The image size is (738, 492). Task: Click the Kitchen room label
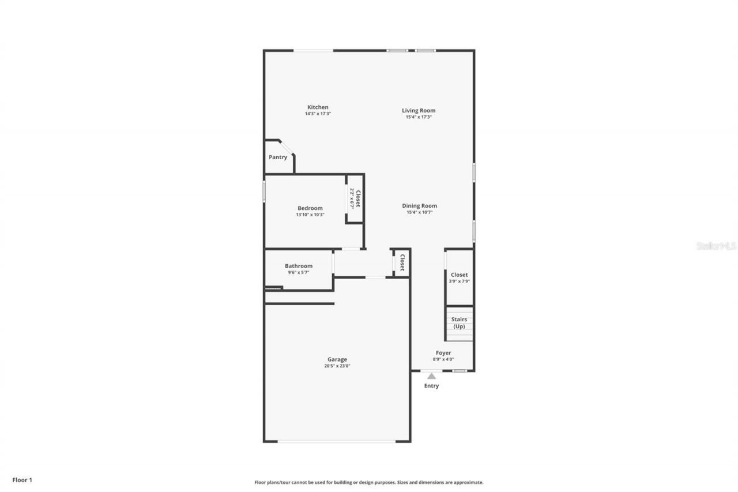point(318,107)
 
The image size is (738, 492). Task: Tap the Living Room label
point(419,111)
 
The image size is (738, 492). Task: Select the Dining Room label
point(419,206)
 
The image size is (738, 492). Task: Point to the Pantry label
point(278,157)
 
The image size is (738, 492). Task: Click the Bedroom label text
point(310,208)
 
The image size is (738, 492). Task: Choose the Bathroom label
point(299,266)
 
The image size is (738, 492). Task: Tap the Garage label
point(337,359)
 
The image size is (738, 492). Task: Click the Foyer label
point(443,353)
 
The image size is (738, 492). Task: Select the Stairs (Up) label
point(459,323)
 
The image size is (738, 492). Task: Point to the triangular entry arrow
point(431,376)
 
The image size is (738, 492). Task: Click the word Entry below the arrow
point(431,386)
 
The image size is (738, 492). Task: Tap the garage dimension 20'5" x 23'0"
point(337,366)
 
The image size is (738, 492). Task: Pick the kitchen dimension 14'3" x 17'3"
point(318,114)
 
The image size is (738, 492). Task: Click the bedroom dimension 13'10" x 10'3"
point(310,215)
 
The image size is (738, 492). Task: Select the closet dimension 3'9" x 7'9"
point(460,281)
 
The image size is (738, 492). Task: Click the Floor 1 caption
point(22,480)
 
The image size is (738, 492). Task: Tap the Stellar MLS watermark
point(716,246)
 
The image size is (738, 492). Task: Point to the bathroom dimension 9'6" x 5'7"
point(299,272)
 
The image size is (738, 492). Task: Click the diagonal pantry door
point(287,147)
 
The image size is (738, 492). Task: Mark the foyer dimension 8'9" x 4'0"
point(443,359)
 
